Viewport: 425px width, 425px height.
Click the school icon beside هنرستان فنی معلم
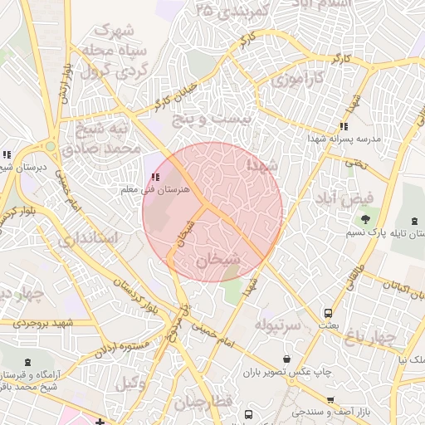[x=155, y=177]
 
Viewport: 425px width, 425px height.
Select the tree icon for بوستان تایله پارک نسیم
[x=365, y=219]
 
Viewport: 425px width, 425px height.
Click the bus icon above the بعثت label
[x=329, y=314]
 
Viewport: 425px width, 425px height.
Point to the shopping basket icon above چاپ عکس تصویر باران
[x=287, y=359]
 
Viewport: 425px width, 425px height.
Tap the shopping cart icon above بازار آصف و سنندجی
[x=331, y=400]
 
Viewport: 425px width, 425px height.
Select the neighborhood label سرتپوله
[x=276, y=323]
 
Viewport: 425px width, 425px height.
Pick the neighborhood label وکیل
[x=130, y=383]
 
